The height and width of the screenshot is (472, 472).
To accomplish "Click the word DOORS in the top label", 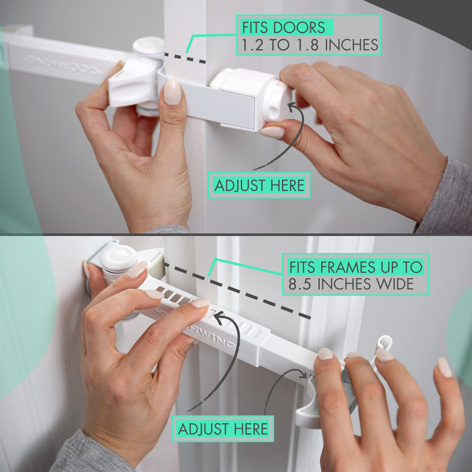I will [299, 28].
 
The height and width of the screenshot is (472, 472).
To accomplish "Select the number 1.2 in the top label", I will [252, 45].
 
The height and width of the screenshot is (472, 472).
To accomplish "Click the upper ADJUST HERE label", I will [259, 185].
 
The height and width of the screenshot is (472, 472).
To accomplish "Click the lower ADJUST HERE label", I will [223, 429].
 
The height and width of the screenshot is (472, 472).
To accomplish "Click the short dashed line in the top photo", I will [185, 58].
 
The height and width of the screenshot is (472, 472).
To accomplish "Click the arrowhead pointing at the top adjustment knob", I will [292, 105].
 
